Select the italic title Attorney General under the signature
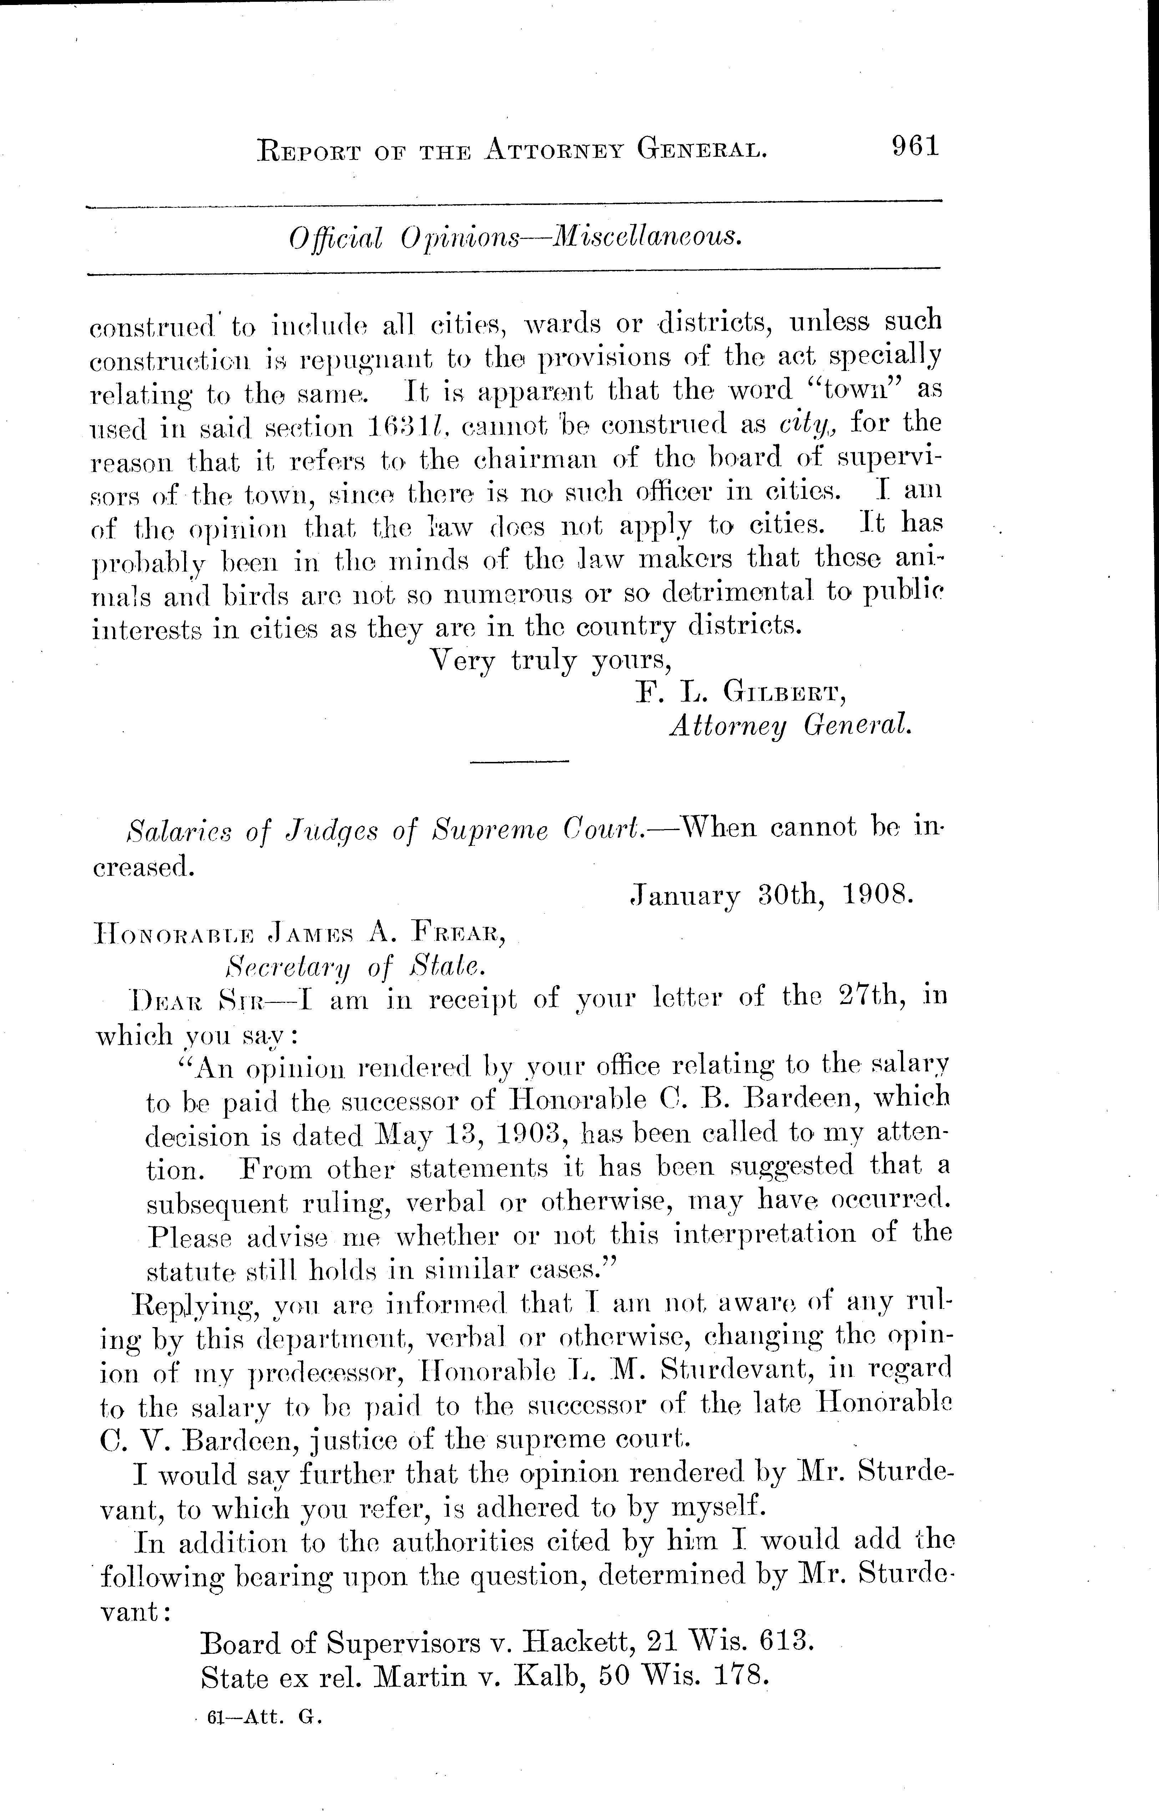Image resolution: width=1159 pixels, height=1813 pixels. coord(790,725)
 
